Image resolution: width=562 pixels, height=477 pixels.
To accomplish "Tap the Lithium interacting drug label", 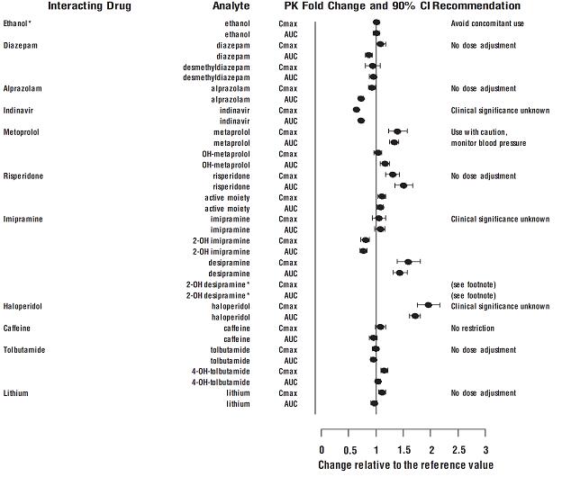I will [18, 393].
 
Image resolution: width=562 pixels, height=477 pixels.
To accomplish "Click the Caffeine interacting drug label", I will [20, 328].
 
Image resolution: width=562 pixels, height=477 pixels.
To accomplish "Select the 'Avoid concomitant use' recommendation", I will [487, 22].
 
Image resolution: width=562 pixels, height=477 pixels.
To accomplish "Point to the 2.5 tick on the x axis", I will [458, 449].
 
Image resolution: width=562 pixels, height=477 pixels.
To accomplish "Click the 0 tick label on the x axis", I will [322, 449].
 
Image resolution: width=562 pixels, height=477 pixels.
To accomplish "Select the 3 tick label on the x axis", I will [485, 449].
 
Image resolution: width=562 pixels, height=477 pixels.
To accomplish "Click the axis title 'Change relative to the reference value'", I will [405, 465].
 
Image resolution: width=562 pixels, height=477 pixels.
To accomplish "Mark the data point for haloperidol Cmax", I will [429, 306].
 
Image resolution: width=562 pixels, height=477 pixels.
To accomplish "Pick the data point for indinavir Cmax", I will [357, 110].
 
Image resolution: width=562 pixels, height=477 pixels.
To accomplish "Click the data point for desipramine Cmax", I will [408, 262].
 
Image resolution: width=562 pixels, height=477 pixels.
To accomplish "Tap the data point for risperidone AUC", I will [403, 185].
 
